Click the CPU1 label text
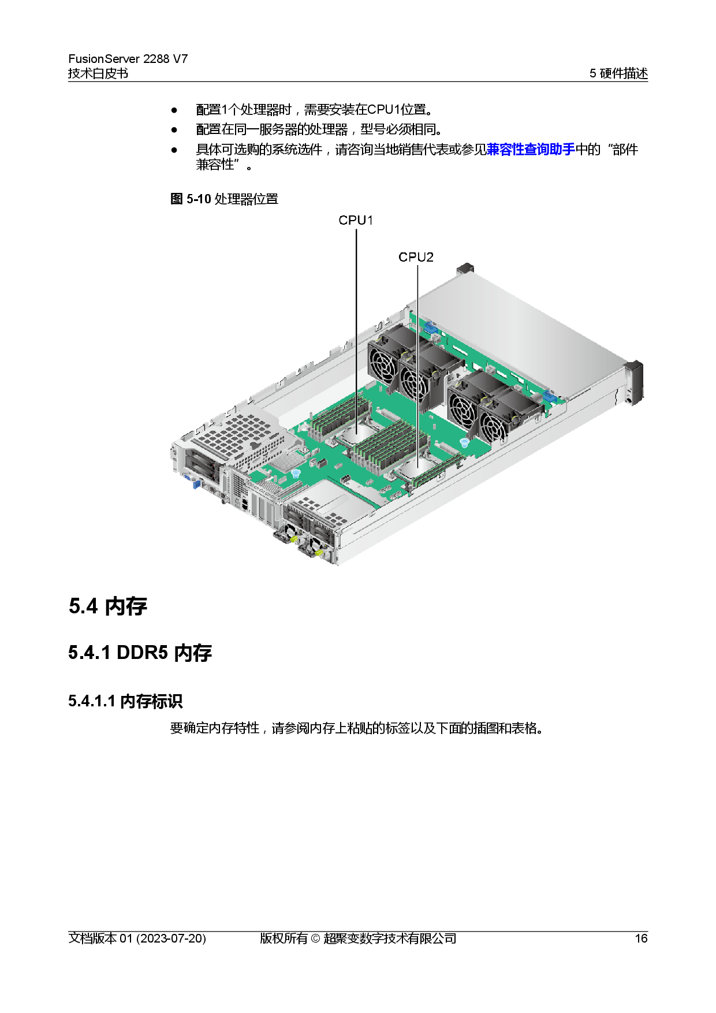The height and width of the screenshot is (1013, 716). tap(356, 221)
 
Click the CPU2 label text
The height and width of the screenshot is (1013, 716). tap(416, 258)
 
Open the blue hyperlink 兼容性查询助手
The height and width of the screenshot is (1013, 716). tap(531, 150)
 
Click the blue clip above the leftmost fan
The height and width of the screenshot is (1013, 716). tap(431, 328)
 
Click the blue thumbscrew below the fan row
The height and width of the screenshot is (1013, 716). tap(464, 443)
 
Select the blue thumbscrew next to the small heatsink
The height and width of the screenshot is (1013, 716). tap(296, 474)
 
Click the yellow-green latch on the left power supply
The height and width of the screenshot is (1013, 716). tap(293, 539)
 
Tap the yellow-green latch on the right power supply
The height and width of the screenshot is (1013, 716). tap(318, 553)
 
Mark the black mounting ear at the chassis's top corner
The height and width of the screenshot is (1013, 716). tap(465, 269)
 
